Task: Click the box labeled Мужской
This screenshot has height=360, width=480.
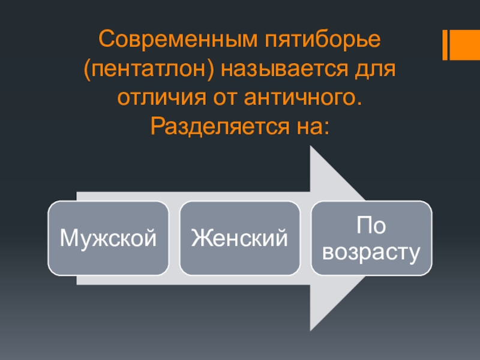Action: pos(109,238)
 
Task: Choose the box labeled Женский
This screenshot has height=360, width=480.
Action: pos(239,238)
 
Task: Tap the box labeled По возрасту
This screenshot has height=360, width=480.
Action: pos(371,238)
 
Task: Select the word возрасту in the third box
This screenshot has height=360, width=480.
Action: pos(371,251)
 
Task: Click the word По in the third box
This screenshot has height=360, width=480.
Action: pos(370,226)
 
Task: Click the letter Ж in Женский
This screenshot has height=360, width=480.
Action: pos(199,239)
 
